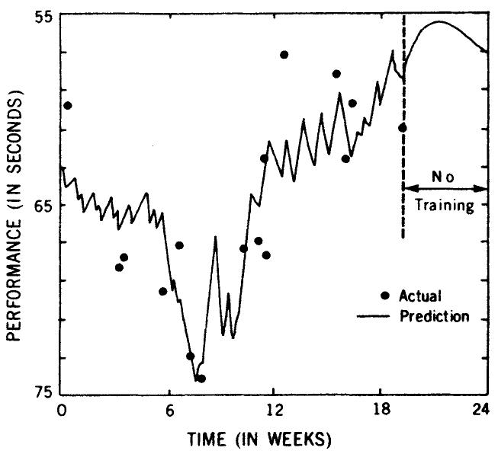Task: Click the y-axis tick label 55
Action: click(x=37, y=15)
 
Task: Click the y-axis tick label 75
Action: click(x=37, y=392)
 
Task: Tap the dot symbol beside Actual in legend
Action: click(x=385, y=296)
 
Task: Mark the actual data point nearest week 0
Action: click(x=68, y=105)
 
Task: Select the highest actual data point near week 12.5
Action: click(x=284, y=55)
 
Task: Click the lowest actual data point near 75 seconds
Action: click(x=201, y=379)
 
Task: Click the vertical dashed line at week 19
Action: click(x=403, y=152)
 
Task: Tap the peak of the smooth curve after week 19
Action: click(x=439, y=21)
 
